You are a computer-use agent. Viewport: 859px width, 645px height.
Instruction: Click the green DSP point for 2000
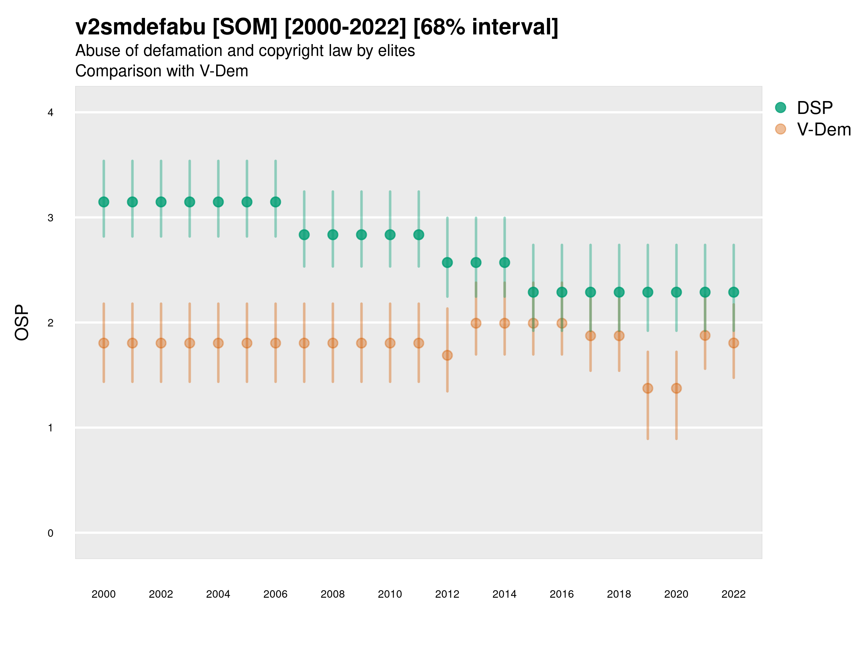(104, 202)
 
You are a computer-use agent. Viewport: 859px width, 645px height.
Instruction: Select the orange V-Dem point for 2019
(648, 388)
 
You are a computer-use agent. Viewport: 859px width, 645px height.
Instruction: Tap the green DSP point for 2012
(447, 262)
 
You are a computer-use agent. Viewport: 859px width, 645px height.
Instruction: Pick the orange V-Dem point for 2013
(476, 323)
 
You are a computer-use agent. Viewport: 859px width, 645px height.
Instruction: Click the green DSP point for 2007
(304, 234)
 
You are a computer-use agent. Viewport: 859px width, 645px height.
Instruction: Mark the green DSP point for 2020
(676, 292)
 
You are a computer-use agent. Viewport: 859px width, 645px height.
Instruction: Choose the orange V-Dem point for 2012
(447, 355)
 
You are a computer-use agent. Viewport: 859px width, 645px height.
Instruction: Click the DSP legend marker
(781, 107)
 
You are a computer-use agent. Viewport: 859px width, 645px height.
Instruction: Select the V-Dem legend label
(824, 129)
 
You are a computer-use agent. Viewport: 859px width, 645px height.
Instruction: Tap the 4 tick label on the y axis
(50, 113)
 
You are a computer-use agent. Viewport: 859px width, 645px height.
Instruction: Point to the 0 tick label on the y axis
(50, 533)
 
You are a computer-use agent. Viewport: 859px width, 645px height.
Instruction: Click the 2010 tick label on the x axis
(390, 594)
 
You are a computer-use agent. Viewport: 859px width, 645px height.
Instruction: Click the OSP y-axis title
(22, 322)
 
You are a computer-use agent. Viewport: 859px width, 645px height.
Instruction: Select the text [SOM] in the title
(245, 27)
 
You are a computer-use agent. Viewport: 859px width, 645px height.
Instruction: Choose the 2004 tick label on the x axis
(218, 594)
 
